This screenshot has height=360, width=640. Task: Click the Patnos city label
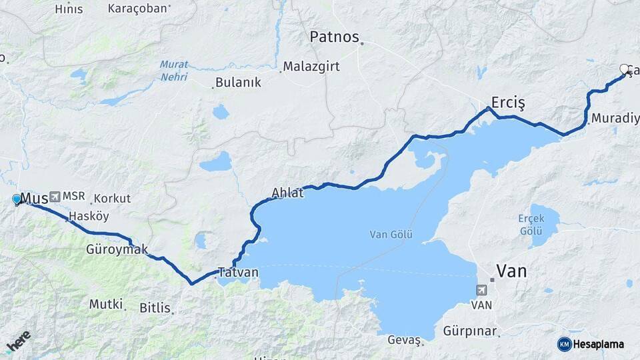tap(334, 37)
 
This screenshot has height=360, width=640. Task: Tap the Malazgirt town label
tap(311, 67)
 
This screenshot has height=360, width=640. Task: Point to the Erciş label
tap(508, 102)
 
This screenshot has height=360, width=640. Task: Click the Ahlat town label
tap(287, 193)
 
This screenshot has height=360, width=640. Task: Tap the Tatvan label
tap(238, 273)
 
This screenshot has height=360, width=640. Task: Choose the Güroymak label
tap(117, 249)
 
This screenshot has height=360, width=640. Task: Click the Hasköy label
tap(89, 216)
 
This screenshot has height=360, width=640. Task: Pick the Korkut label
tap(112, 199)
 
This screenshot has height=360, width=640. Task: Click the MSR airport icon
tap(54, 197)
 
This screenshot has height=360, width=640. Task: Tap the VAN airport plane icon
tap(481, 290)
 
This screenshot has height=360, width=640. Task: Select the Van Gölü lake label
tap(391, 235)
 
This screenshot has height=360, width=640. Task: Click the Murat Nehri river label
tap(174, 71)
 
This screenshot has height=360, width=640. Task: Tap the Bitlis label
tap(155, 308)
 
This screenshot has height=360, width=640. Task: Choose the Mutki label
tap(105, 305)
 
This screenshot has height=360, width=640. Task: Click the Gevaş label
tap(403, 341)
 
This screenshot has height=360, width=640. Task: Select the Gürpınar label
tap(467, 331)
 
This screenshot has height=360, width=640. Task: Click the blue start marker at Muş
tap(17, 199)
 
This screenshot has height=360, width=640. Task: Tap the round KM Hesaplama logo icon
tap(565, 344)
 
